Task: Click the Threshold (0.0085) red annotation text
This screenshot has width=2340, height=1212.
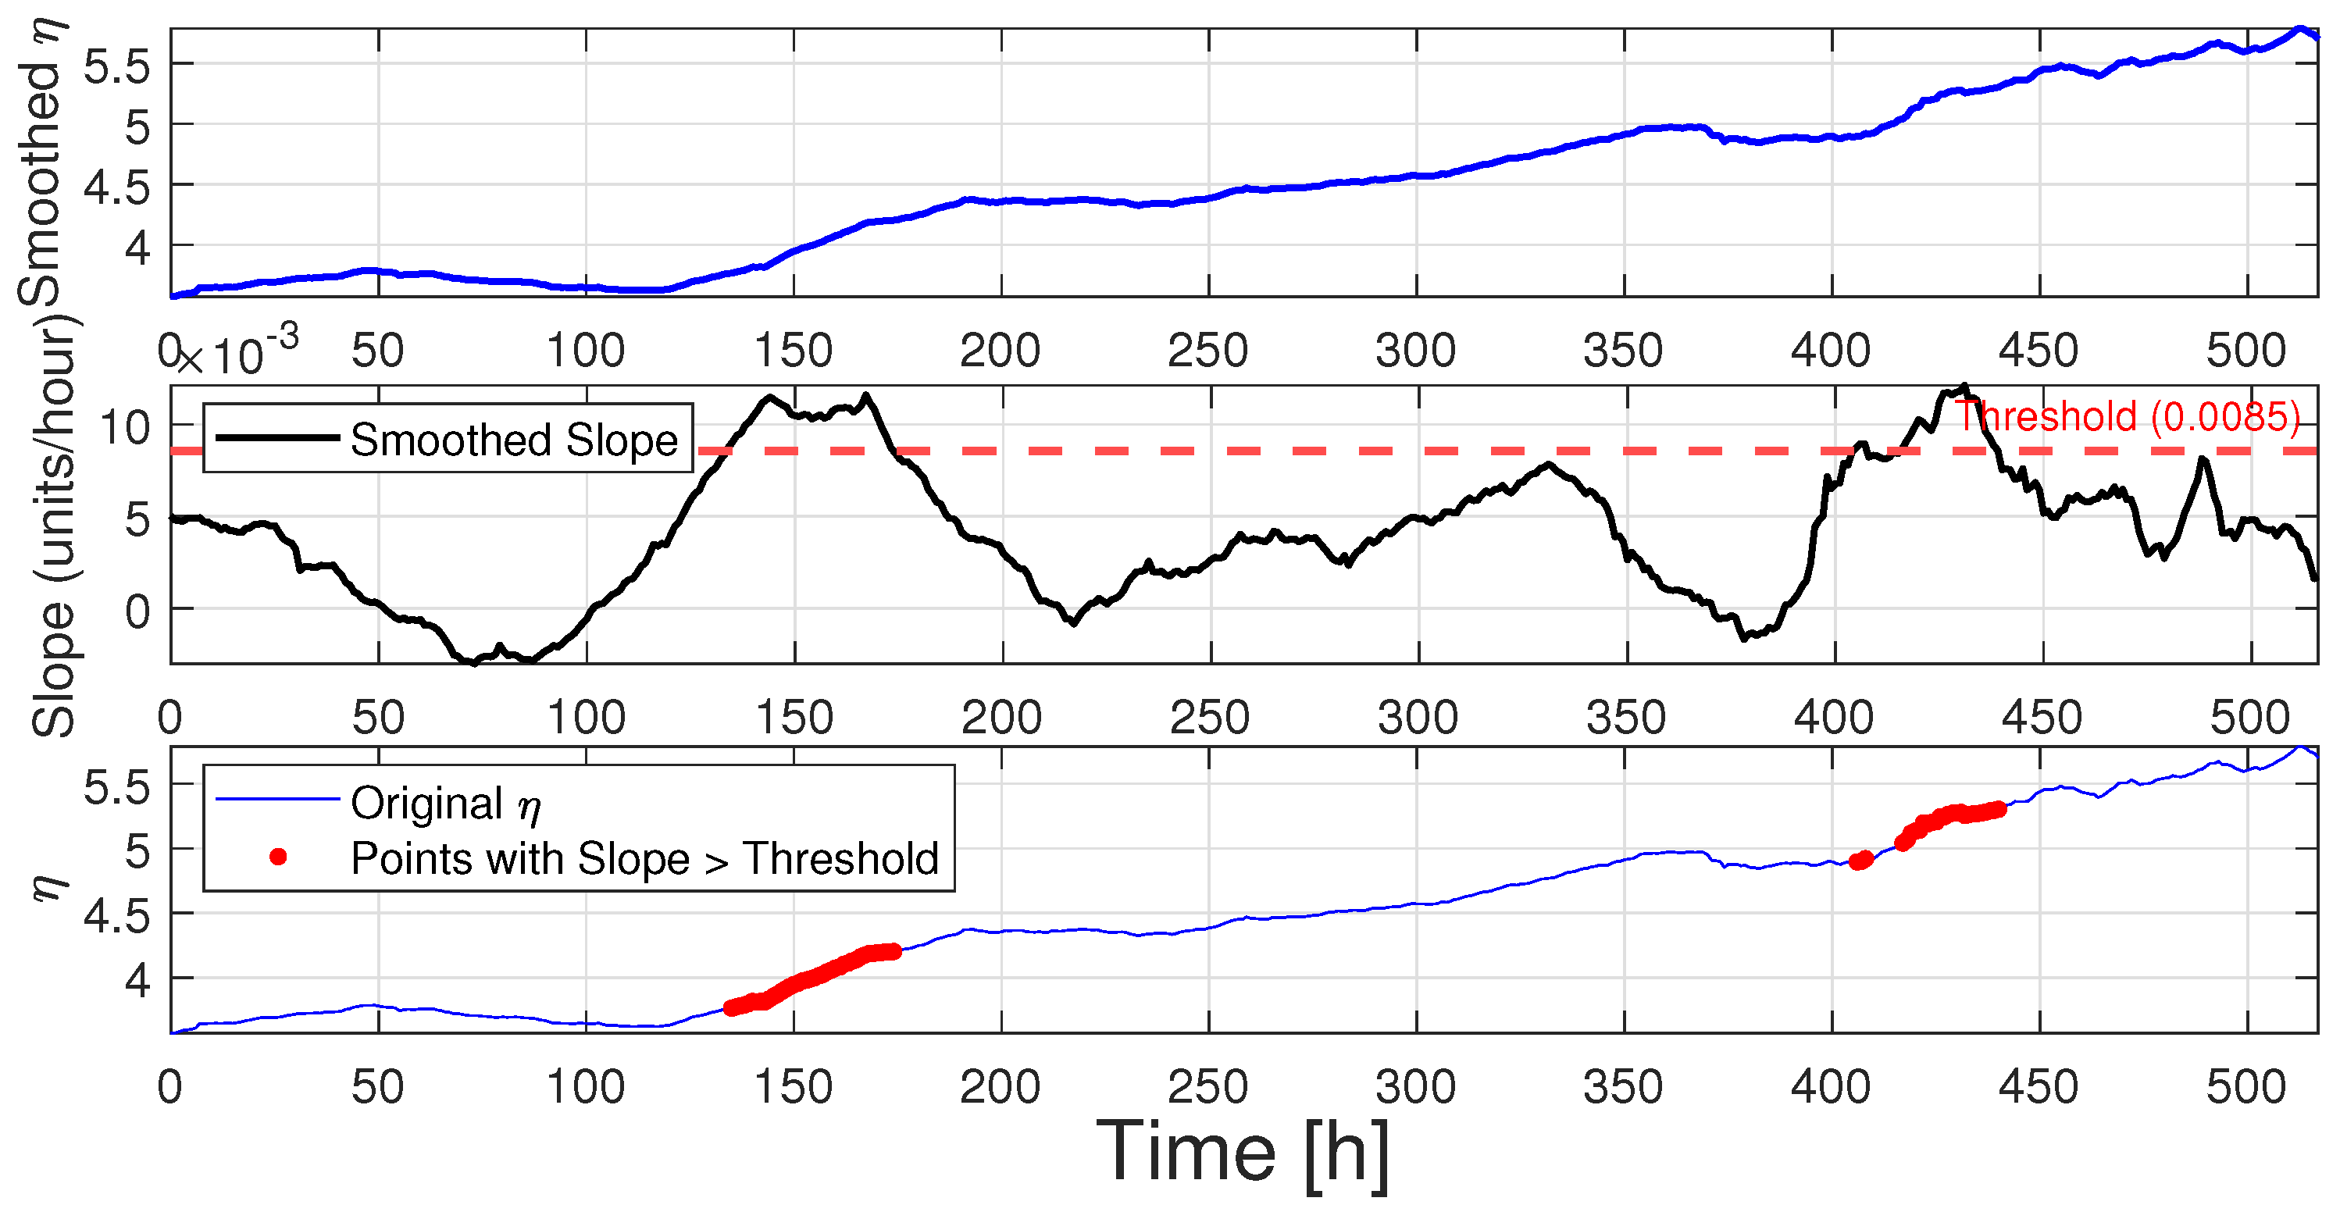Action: pyautogui.click(x=2127, y=417)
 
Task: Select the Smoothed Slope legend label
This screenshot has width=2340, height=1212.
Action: pyautogui.click(x=514, y=440)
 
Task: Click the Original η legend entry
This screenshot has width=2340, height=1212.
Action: pyautogui.click(x=445, y=803)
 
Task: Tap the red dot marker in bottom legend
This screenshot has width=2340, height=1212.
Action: pyautogui.click(x=279, y=857)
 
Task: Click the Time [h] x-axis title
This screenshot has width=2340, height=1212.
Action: pyautogui.click(x=1243, y=1152)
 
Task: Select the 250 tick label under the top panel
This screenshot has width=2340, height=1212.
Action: pyautogui.click(x=1208, y=351)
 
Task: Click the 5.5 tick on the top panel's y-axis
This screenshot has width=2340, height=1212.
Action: pyautogui.click(x=116, y=66)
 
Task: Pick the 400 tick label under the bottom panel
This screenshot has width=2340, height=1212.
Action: pyautogui.click(x=1831, y=1086)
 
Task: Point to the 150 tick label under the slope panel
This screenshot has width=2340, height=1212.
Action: pyautogui.click(x=794, y=718)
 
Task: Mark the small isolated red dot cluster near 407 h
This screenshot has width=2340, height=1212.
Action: pyautogui.click(x=1860, y=861)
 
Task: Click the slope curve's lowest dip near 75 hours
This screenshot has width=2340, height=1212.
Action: pyautogui.click(x=473, y=662)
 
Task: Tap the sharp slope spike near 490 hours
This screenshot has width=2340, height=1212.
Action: pyautogui.click(x=2203, y=461)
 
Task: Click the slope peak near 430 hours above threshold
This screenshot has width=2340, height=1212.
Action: pyautogui.click(x=1964, y=387)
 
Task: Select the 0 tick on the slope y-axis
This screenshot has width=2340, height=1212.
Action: pyautogui.click(x=137, y=611)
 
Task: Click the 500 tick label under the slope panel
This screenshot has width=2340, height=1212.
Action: pyautogui.click(x=2249, y=718)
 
